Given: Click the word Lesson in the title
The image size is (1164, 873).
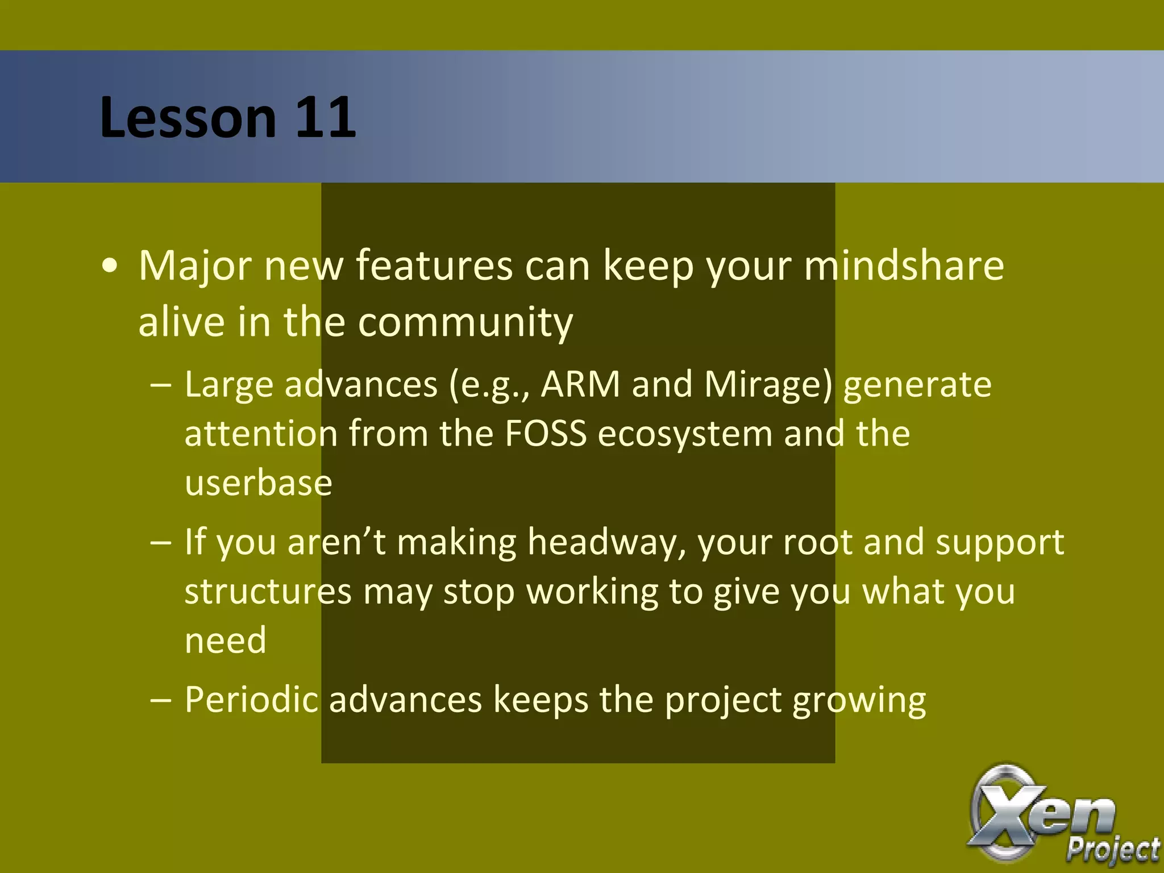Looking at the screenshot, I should (x=188, y=118).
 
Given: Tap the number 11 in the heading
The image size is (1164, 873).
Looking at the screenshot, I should (x=325, y=118).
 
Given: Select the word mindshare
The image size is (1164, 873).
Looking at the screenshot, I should (x=904, y=265).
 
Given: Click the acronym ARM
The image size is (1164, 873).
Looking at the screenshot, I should (x=580, y=384).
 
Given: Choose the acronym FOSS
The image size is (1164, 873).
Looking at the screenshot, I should (x=545, y=434).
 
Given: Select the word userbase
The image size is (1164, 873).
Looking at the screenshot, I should (x=259, y=483).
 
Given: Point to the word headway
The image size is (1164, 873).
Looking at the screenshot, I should (x=605, y=542).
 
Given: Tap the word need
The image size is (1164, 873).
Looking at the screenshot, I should (x=226, y=641).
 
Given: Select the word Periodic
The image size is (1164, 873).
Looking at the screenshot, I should (x=251, y=700).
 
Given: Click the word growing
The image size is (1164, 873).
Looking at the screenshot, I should (x=859, y=701).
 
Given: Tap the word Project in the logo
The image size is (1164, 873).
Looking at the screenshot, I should (x=1112, y=849).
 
